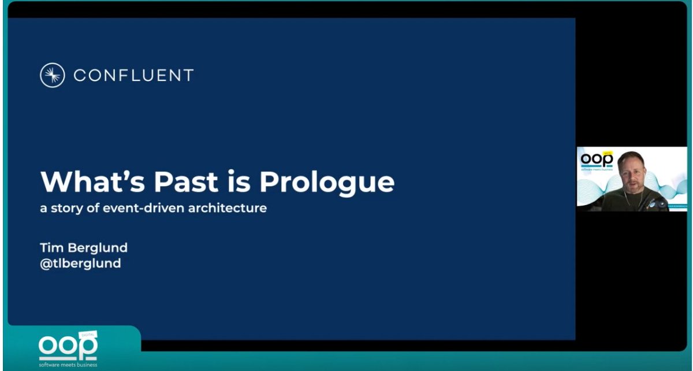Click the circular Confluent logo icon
pos(52,75)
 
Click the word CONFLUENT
pos(133,75)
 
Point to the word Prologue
pos(327,183)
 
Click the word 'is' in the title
pos(227,181)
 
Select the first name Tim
pos(50,247)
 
